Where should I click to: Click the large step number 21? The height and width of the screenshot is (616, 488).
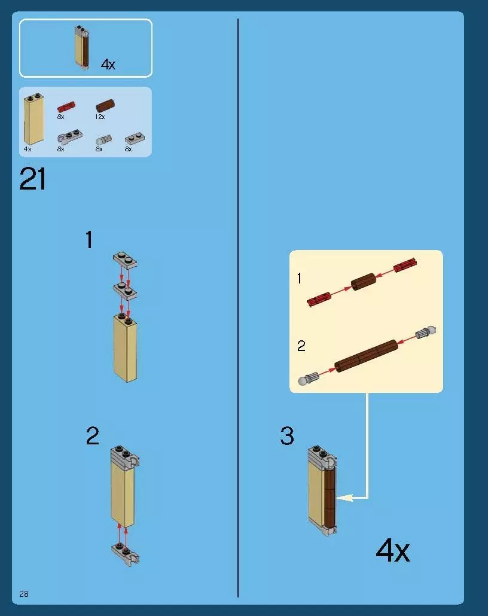tap(32, 179)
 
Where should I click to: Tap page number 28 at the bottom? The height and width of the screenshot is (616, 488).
tap(23, 594)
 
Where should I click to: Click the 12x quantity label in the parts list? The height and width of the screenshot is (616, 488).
tap(100, 117)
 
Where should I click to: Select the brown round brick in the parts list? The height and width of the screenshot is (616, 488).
tap(105, 105)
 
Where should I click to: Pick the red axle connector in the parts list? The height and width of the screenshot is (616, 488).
tap(66, 107)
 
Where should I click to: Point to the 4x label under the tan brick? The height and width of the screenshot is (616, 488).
tap(28, 149)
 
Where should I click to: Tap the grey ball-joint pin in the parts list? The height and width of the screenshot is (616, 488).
tap(103, 140)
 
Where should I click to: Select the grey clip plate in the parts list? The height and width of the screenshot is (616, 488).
tap(70, 137)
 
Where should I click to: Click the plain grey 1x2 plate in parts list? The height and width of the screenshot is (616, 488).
tap(135, 138)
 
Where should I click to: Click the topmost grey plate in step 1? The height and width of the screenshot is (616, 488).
tap(125, 260)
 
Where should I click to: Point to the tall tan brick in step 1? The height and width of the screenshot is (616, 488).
tap(126, 348)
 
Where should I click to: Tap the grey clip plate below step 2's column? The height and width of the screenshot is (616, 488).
tap(126, 554)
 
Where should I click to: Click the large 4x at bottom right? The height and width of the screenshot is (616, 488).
tap(392, 551)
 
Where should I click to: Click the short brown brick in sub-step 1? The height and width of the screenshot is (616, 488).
tap(364, 282)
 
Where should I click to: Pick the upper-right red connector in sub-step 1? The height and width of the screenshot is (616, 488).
tap(405, 265)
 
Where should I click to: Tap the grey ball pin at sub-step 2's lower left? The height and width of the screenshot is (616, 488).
tap(309, 379)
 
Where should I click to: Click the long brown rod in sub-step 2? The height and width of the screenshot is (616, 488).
tap(366, 356)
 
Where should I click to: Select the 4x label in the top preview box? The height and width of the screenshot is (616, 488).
tap(108, 64)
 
